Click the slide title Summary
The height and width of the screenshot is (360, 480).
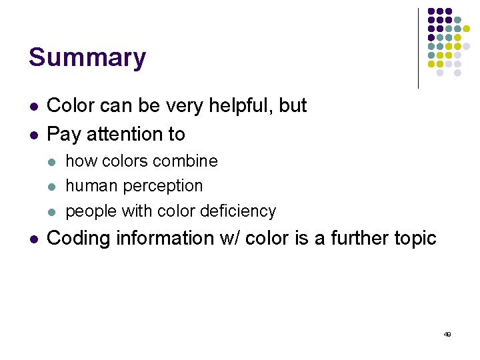tap(87, 58)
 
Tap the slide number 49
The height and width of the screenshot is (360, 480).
tap(447, 334)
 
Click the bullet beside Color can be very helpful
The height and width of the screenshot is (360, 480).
tap(33, 107)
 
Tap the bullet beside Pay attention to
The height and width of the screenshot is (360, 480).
tap(33, 135)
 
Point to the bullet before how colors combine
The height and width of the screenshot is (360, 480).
tap(53, 162)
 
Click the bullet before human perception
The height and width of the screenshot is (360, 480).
tap(53, 187)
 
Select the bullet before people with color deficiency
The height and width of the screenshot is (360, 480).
tap(53, 212)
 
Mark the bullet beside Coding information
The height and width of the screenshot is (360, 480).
tap(33, 239)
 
